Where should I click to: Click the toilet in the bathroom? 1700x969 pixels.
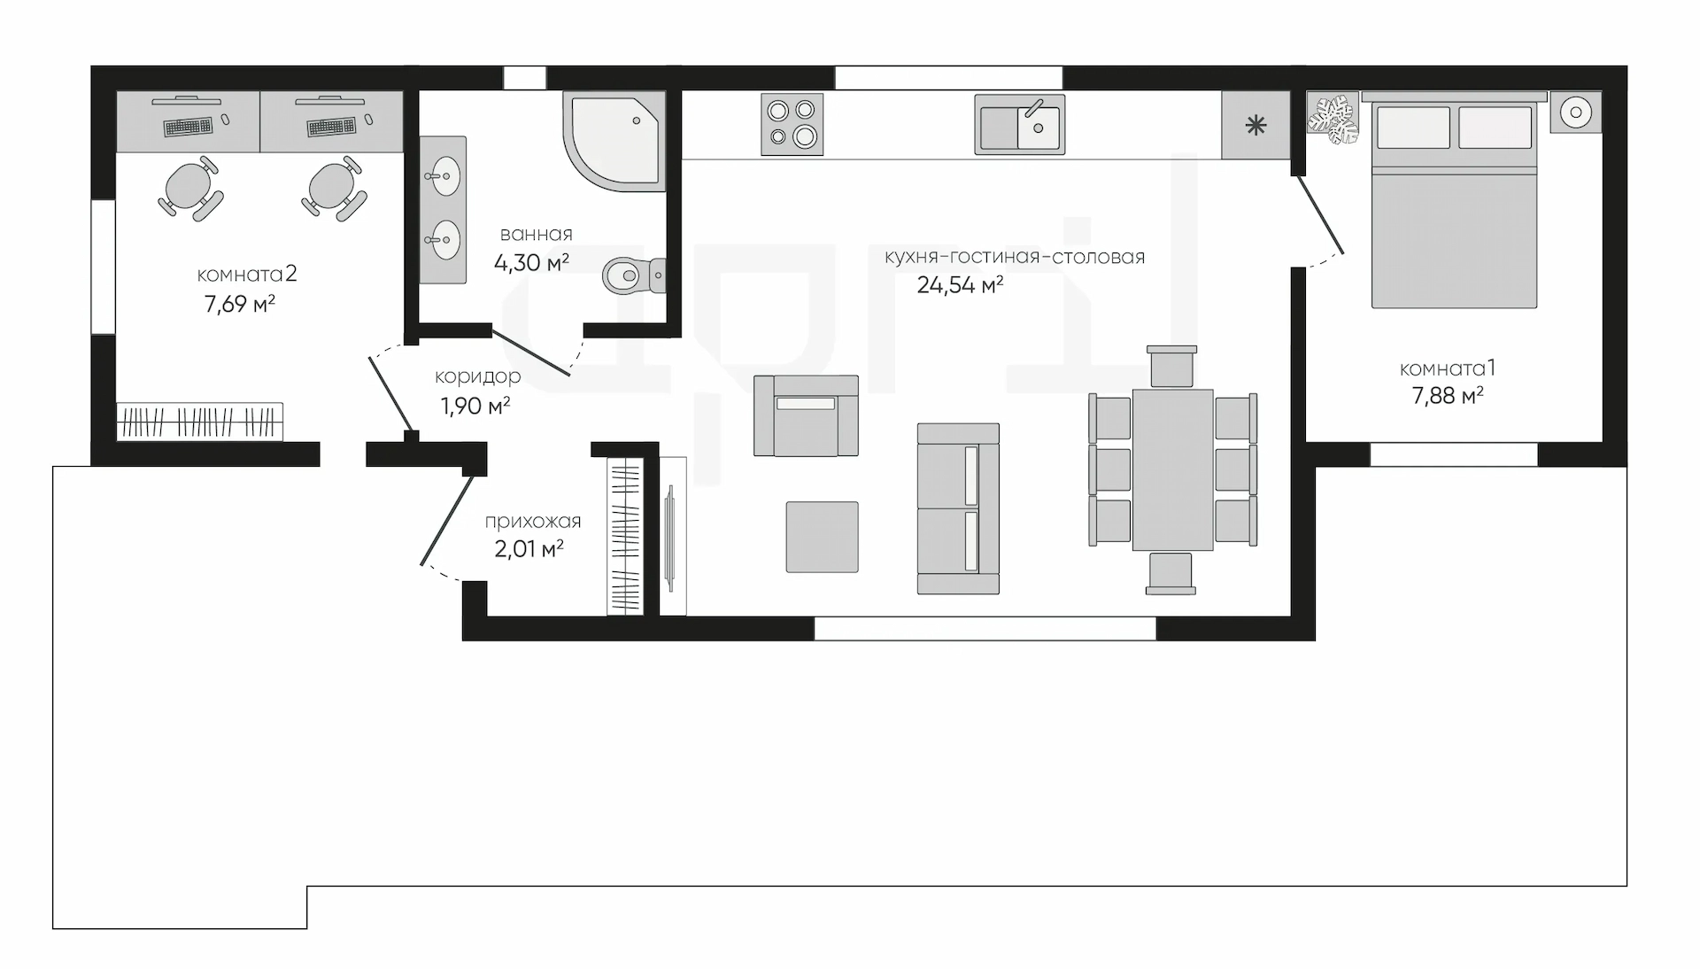pyautogui.click(x=634, y=275)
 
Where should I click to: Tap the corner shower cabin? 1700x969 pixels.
pyautogui.click(x=614, y=141)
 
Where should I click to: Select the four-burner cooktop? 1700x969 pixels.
pyautogui.click(x=792, y=124)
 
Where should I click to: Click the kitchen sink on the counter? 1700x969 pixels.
pyautogui.click(x=1019, y=124)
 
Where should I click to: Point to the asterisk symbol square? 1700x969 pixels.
pyautogui.click(x=1256, y=126)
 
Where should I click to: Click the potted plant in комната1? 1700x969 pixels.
pyautogui.click(x=1333, y=119)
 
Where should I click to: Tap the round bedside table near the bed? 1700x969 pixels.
pyautogui.click(x=1576, y=112)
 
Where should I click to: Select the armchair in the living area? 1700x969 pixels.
pyautogui.click(x=806, y=415)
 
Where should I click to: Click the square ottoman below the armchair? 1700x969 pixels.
pyautogui.click(x=823, y=537)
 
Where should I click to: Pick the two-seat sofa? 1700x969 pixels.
pyautogui.click(x=958, y=508)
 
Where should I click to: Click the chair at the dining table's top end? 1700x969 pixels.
pyautogui.click(x=1171, y=366)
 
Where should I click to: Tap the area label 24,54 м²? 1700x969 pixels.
pyautogui.click(x=960, y=285)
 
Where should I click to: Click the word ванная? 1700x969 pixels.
pyautogui.click(x=537, y=235)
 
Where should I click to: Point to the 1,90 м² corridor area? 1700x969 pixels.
pyautogui.click(x=475, y=407)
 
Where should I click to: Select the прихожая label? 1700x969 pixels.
pyautogui.click(x=533, y=522)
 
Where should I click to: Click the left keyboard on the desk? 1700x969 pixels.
pyautogui.click(x=189, y=127)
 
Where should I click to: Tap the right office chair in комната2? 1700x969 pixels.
pyautogui.click(x=333, y=187)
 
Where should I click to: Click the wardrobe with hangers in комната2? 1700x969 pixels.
pyautogui.click(x=200, y=422)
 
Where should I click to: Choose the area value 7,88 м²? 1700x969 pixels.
pyautogui.click(x=1448, y=396)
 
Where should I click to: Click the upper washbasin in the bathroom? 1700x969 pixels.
pyautogui.click(x=442, y=175)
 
